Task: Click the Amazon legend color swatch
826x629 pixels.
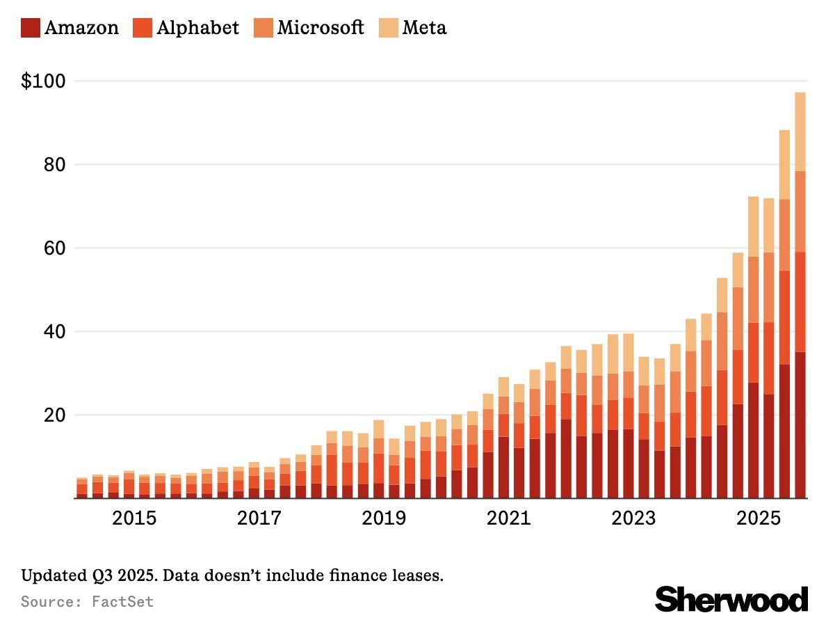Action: (31, 29)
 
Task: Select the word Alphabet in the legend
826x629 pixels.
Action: (197, 28)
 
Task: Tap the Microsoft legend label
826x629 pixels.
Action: (320, 28)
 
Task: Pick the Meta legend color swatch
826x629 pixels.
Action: (388, 29)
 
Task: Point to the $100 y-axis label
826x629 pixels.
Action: (43, 81)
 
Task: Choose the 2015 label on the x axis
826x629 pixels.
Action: (134, 518)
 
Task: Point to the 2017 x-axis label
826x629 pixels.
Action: (259, 518)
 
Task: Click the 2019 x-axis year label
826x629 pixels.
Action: (383, 518)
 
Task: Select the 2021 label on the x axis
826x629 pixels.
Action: (508, 518)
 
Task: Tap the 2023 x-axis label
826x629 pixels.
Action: (632, 518)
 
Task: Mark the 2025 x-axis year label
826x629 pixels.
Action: (756, 518)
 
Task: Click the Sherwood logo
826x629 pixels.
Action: (731, 598)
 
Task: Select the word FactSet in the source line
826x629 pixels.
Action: (122, 601)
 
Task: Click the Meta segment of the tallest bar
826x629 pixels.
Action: (800, 132)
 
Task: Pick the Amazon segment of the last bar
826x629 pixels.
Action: (800, 424)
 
